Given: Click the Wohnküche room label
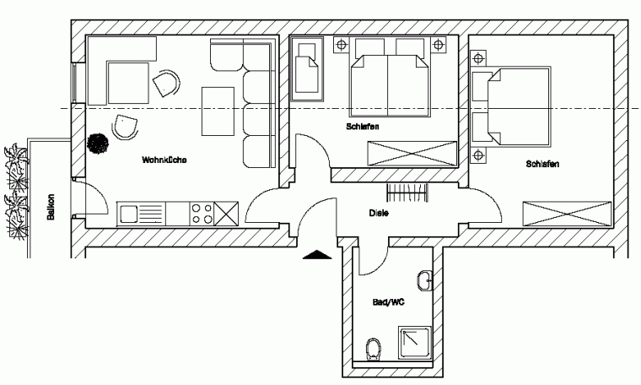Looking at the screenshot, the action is coord(164,160).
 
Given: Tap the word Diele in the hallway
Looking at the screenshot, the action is coord(379,213).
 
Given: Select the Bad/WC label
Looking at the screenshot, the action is coord(388,302).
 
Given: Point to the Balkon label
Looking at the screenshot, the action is coord(51,207).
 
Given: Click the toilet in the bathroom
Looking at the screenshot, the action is coord(373,349).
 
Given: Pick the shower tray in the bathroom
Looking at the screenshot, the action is coord(414,343).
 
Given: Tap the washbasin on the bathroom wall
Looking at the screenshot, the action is coord(425,280).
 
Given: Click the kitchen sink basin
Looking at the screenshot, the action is coord(128,214).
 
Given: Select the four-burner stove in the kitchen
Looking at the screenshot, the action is coord(202,214).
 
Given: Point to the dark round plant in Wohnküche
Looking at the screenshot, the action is coord(98,144).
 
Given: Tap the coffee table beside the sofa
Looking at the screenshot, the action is coord(218,111).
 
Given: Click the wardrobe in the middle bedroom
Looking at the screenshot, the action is coord(412,154).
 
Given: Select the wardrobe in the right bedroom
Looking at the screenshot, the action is coord(567,214).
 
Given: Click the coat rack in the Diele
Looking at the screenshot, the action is coord(407,192).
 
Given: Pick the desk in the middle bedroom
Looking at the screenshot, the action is coord(307,68).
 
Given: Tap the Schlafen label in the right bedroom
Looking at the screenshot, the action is coord(542,164).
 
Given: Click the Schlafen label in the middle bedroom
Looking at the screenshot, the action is coord(362,127).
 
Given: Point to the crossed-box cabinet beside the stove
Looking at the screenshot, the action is coord(226,214).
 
